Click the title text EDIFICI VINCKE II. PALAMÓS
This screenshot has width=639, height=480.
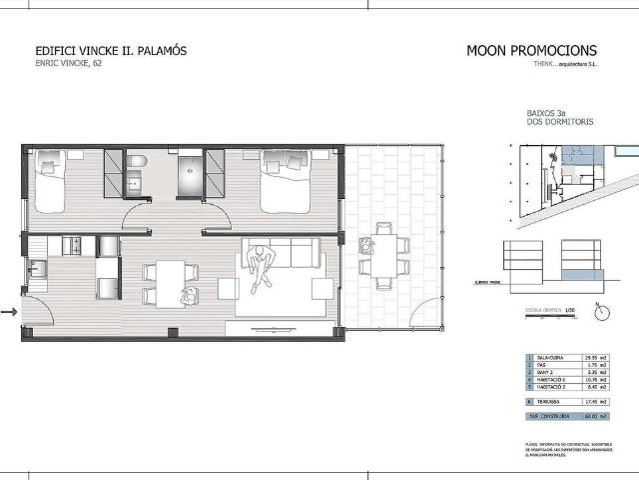(111, 51)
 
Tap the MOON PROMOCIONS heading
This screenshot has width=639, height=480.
(531, 51)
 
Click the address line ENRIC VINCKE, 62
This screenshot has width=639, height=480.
(69, 64)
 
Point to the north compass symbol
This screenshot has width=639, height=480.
(602, 312)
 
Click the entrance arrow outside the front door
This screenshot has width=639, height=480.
(10, 313)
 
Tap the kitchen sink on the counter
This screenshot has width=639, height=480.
(38, 268)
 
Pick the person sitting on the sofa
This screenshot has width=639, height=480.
(262, 266)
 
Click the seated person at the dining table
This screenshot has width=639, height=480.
(187, 294)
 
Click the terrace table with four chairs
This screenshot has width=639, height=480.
(383, 253)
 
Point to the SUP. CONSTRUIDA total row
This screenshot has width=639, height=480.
(565, 416)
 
